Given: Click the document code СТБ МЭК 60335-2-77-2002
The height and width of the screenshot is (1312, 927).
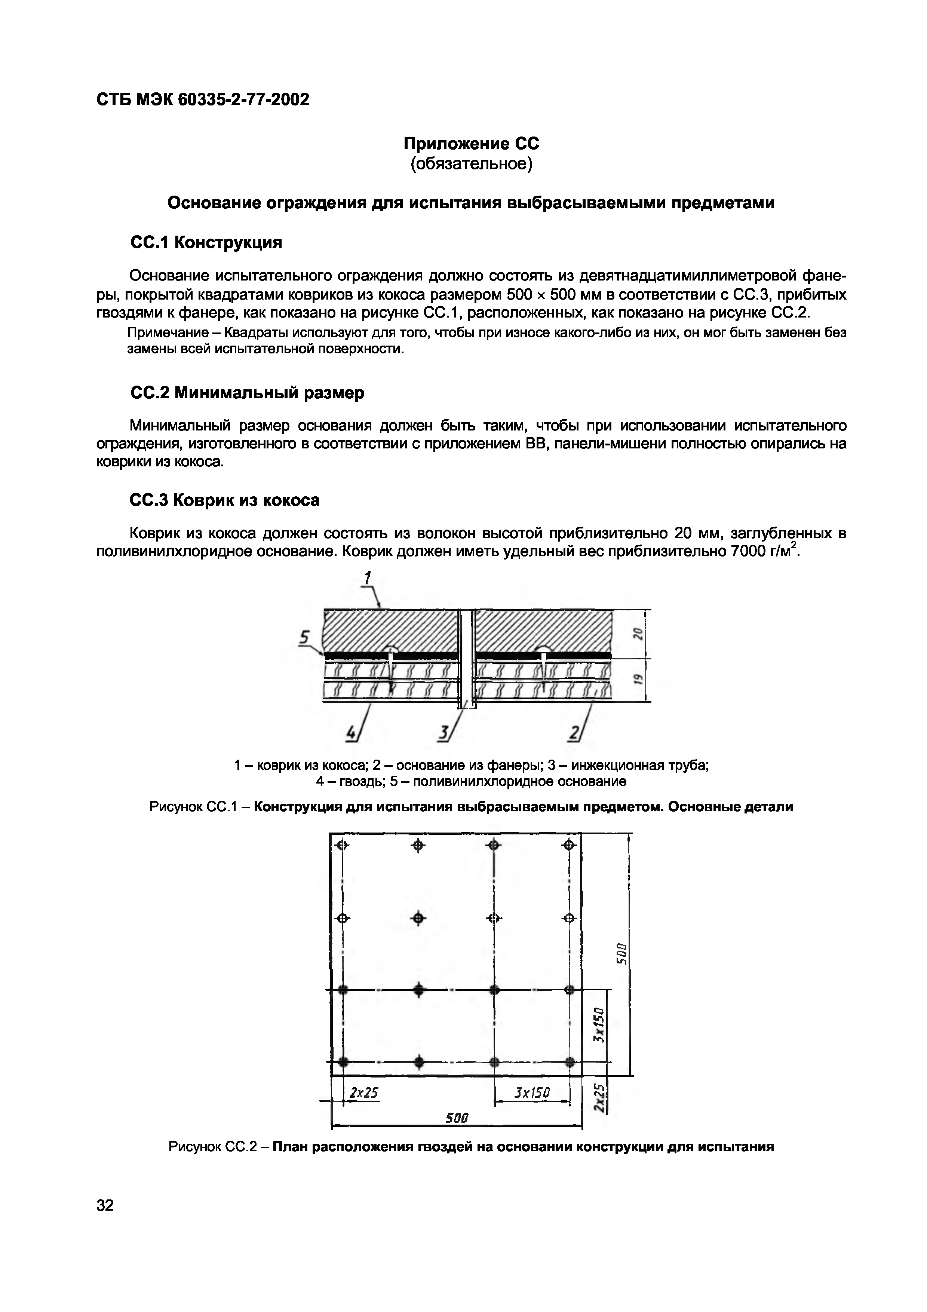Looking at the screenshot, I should tap(203, 99).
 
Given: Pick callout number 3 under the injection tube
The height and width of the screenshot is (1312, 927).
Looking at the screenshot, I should tap(443, 733).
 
